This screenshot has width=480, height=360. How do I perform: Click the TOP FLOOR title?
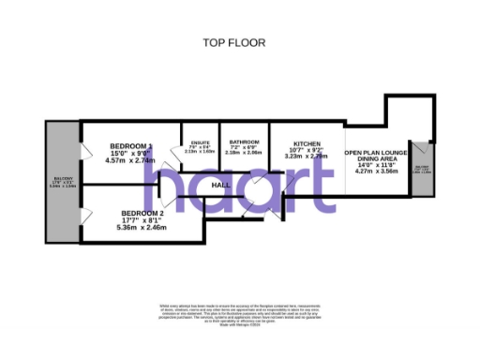click(x=233, y=42)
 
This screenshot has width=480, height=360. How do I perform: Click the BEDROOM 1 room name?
click(x=130, y=146)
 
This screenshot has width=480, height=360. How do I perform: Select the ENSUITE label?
click(x=199, y=142)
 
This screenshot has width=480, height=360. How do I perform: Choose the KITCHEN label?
click(x=306, y=142)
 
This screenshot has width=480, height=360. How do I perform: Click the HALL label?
click(x=221, y=186)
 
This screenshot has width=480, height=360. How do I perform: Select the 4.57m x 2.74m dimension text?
click(x=130, y=160)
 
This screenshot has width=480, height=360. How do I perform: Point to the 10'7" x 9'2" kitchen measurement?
click(x=306, y=150)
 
